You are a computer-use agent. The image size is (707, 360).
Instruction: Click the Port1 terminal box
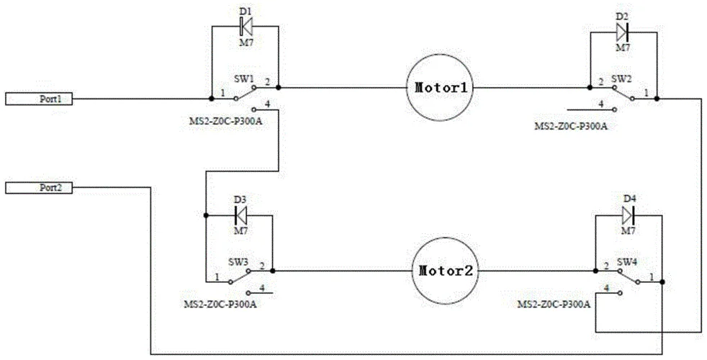coord(39,99)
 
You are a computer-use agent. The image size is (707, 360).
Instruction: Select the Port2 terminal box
coord(39,188)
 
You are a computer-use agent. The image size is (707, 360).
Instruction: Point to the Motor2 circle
coord(446,271)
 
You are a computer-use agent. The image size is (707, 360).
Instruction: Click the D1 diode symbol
coord(246,27)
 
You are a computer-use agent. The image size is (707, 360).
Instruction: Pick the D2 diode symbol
coord(622,32)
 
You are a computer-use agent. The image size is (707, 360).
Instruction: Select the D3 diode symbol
coord(240,215)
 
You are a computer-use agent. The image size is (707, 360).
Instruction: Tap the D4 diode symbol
coord(628,215)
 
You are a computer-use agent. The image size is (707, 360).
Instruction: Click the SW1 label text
coord(242,78)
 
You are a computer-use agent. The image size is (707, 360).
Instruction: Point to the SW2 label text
coord(620,78)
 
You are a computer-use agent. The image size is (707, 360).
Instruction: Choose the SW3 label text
coord(238,261)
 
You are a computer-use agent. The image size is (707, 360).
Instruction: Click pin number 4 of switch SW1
coord(267,104)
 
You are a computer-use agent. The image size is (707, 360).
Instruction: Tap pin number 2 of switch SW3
coord(262,265)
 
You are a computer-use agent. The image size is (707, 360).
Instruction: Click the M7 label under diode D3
coord(241,230)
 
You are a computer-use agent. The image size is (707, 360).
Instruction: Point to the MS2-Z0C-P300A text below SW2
coord(571,126)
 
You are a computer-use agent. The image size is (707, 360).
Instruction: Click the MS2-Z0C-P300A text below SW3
coord(220,304)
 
